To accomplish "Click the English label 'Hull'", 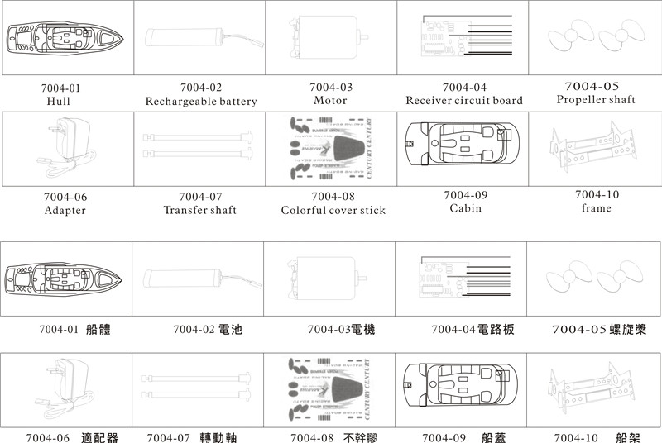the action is [x=59, y=102].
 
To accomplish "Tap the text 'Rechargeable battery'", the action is [x=201, y=102].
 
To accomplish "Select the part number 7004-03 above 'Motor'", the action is [x=331, y=87].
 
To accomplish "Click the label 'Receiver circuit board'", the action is [x=464, y=101].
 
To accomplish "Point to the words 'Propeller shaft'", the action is [x=596, y=100].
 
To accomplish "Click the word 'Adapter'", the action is [x=65, y=210].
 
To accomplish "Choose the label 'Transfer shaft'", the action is [x=200, y=210].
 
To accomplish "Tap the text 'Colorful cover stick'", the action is [x=333, y=210].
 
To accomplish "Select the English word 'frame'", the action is [x=596, y=208].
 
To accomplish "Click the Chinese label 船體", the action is [x=98, y=330].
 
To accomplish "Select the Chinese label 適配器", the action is [x=100, y=437].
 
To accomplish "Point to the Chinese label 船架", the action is [x=629, y=437].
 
